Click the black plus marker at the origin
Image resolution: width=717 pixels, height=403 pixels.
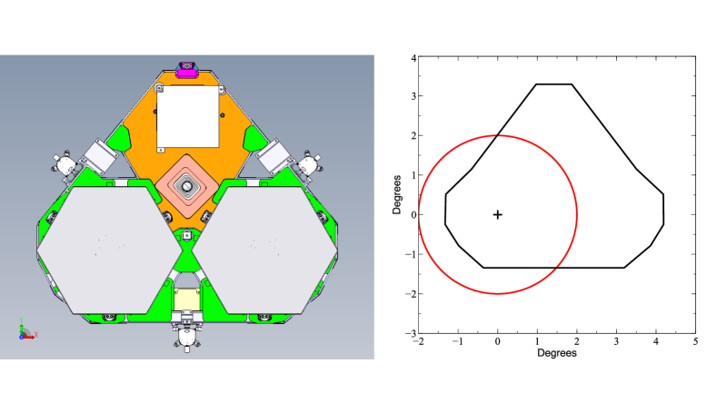tap(497, 214)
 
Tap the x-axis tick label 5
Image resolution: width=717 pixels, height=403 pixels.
tap(695, 341)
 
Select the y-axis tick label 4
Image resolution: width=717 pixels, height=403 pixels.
tap(413, 58)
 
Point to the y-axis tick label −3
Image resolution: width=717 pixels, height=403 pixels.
tap(411, 333)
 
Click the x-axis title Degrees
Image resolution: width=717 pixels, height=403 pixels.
tap(556, 353)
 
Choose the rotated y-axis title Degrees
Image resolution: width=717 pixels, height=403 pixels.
tap(396, 194)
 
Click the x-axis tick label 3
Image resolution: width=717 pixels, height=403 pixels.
tap(616, 341)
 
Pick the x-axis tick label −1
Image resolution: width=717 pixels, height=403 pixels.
tap(458, 341)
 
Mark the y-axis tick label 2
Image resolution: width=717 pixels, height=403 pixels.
tap(413, 135)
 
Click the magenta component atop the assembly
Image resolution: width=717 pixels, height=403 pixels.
tap(186, 70)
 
